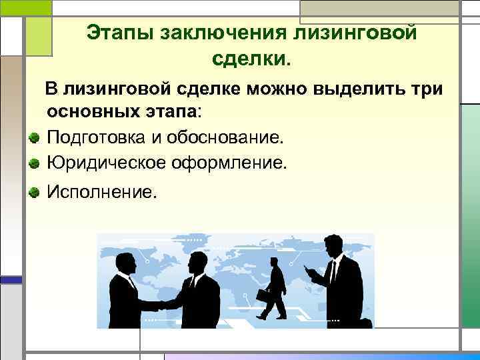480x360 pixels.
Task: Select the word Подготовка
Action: pyautogui.click(x=97, y=138)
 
